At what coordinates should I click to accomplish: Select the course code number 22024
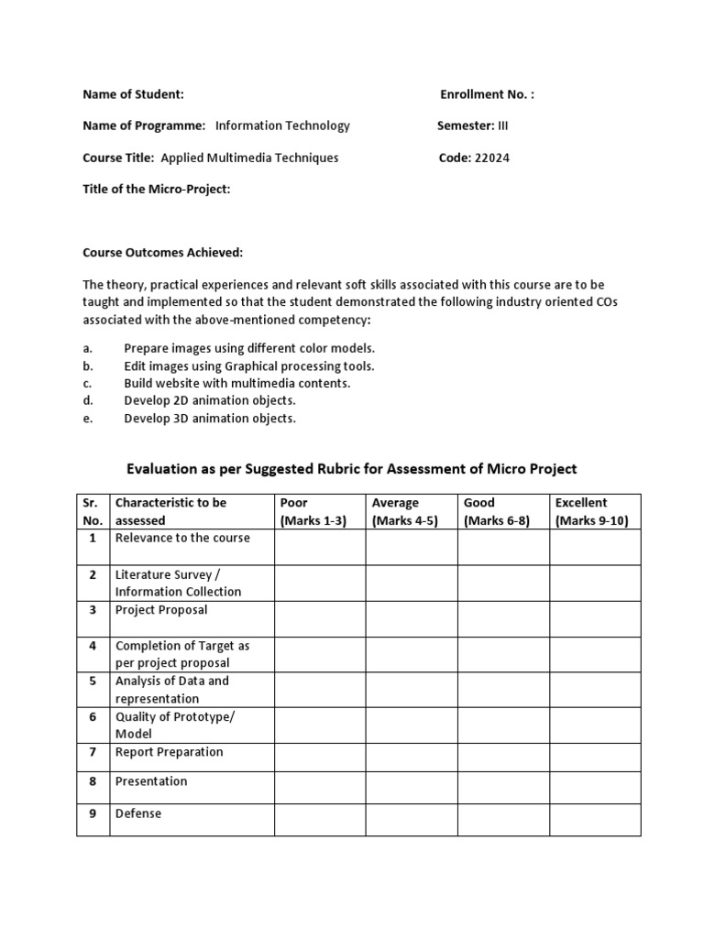click(492, 158)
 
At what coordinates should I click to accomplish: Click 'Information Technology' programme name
click(282, 125)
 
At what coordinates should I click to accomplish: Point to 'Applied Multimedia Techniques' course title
click(249, 158)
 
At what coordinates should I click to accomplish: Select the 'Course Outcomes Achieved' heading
click(163, 252)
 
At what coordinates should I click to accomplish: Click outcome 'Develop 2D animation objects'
click(210, 400)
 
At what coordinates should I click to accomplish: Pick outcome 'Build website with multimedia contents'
click(237, 383)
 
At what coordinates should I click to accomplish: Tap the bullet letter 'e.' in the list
click(88, 418)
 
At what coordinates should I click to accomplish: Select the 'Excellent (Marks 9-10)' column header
click(594, 511)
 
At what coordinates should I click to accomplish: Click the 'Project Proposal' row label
click(161, 610)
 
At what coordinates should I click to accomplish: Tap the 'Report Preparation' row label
click(169, 752)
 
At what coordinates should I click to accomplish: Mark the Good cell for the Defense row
click(502, 820)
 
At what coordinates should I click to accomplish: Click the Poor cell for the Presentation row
click(319, 788)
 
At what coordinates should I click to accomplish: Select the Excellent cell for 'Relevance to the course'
click(594, 547)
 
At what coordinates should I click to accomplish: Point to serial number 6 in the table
click(93, 717)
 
